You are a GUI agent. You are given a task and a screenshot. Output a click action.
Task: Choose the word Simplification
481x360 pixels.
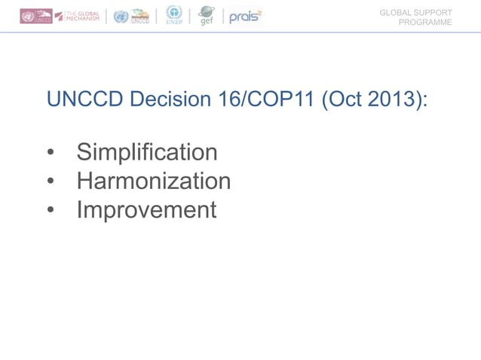point(146,152)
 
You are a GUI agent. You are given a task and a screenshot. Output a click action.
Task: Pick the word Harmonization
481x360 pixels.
point(153,181)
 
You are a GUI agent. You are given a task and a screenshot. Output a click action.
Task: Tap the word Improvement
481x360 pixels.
point(146,209)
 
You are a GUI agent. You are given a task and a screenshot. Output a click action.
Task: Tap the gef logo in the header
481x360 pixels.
point(206,16)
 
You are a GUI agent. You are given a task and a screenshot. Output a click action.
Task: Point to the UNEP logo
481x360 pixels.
point(174,15)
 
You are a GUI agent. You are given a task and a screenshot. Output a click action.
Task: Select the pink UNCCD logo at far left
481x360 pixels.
point(35,17)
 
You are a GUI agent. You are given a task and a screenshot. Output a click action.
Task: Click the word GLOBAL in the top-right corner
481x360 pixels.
point(395,13)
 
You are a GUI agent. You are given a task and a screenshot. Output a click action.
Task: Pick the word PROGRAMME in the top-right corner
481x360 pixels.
point(425,23)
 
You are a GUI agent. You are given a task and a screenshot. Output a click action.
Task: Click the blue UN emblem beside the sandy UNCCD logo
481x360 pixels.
point(121,17)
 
